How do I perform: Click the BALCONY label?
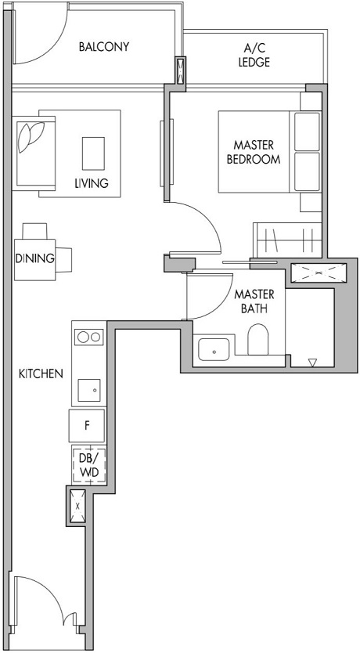(x=104, y=47)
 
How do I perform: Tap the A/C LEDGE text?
(x=254, y=56)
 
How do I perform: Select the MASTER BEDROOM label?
(x=253, y=152)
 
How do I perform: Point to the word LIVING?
(x=92, y=183)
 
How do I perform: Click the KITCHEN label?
(x=41, y=374)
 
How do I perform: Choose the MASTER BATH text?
(x=254, y=301)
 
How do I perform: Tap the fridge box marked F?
(x=88, y=426)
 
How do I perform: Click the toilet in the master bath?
(x=258, y=341)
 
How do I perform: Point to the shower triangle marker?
(x=312, y=363)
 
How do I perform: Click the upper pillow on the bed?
(x=306, y=131)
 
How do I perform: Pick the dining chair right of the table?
(x=64, y=258)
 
